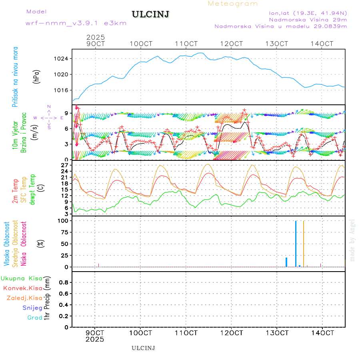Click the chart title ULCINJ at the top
pos(150,14)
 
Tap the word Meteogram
pos(233,4)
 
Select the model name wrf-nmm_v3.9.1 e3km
pos(76,23)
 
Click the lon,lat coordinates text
pos(308,13)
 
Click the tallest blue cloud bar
pos(296,244)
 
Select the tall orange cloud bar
pos(304,244)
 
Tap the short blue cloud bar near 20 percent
pos(286,262)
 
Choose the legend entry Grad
pos(35,318)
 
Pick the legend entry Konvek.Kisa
pos(23,288)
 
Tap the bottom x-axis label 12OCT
pos(232,332)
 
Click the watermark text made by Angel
pos(352,240)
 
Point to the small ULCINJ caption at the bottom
pos(143,348)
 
